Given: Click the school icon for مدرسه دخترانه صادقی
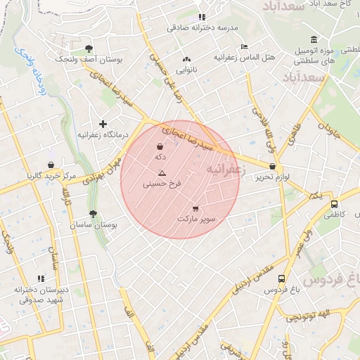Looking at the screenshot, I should click(x=202, y=17).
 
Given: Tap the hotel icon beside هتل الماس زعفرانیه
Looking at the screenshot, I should click(x=244, y=46).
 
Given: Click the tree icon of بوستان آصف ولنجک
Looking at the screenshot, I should click(x=89, y=49).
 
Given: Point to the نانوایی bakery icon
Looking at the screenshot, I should click(x=186, y=60).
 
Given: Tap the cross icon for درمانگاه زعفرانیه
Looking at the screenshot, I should click(x=103, y=124).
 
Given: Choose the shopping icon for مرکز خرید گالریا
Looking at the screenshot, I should click(x=51, y=165).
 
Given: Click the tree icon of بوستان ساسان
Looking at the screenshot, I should click(x=93, y=214).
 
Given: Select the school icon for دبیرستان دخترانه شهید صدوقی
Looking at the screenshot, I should click(x=40, y=278).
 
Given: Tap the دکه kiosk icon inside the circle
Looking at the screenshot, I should click(x=160, y=147).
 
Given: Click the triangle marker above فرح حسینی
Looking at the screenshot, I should click(x=162, y=172).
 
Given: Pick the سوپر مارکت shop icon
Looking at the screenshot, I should click(x=195, y=209).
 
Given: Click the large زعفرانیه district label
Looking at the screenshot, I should click(x=225, y=170).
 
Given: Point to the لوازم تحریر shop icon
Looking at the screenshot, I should click(x=272, y=167).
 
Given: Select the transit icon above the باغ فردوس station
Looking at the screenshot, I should click(x=281, y=279).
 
